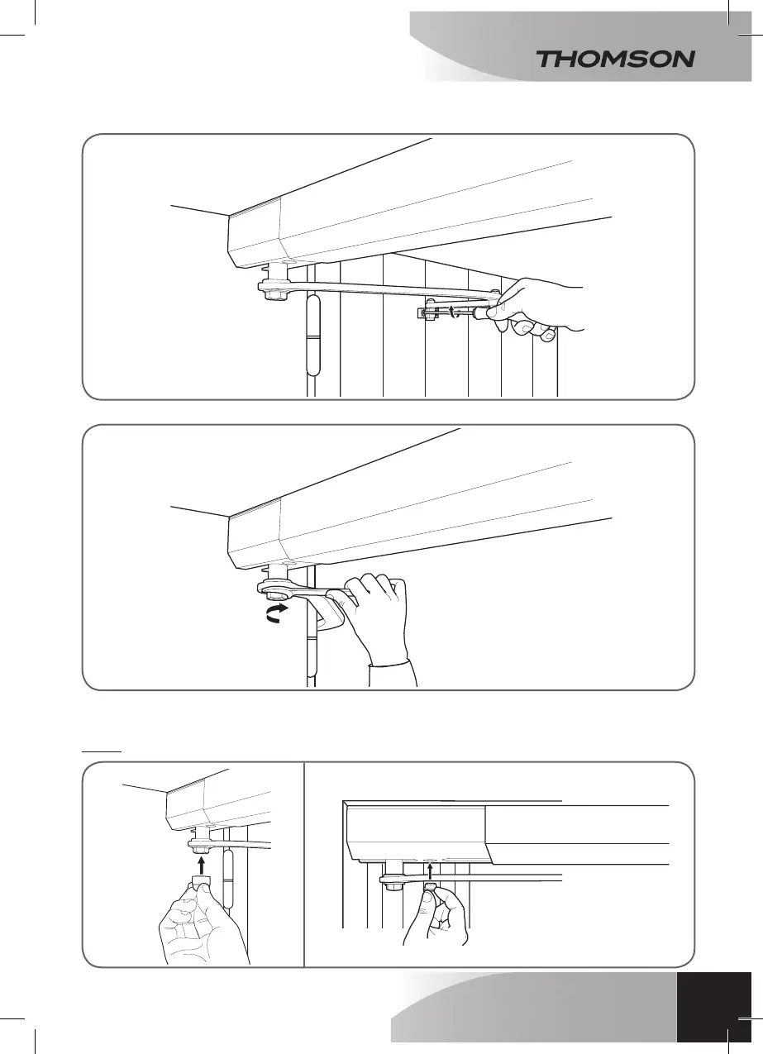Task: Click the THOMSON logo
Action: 615,59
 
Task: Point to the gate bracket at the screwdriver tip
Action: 429,312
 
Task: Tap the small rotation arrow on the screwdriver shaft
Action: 454,312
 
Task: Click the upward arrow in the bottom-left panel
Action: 199,864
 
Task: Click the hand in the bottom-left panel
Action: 198,926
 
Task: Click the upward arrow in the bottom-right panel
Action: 431,868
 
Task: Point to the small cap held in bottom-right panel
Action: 431,888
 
